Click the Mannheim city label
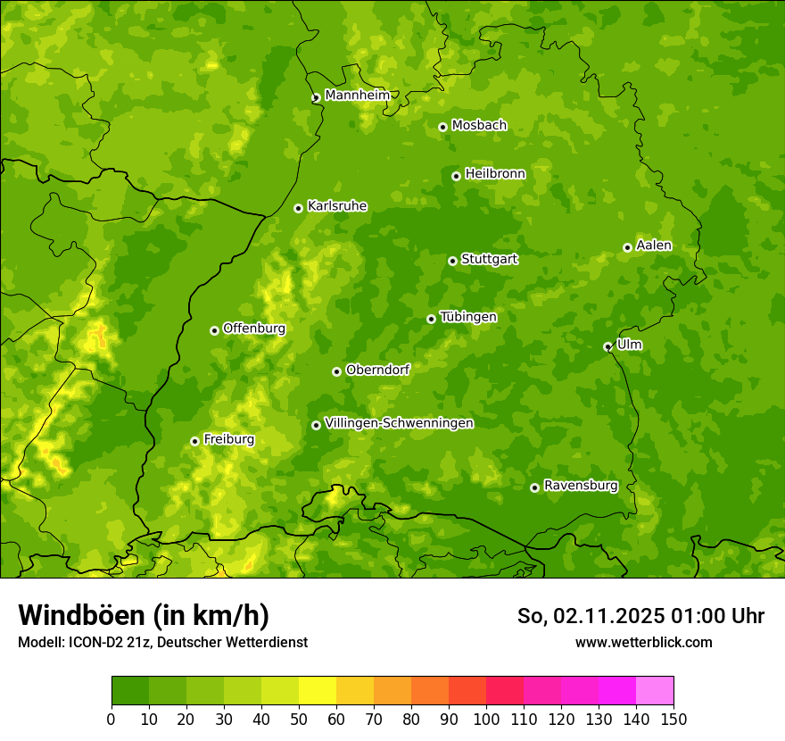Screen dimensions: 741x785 pyautogui.click(x=357, y=96)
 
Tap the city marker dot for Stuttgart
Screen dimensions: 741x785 pyautogui.click(x=452, y=261)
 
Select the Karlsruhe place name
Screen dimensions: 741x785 pyautogui.click(x=337, y=206)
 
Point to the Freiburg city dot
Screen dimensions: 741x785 pyautogui.click(x=194, y=441)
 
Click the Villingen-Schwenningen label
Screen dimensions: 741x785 pyautogui.click(x=399, y=423)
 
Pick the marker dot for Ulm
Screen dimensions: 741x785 pyautogui.click(x=607, y=346)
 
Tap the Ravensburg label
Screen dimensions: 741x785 pyautogui.click(x=581, y=486)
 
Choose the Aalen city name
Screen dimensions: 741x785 pyautogui.click(x=654, y=246)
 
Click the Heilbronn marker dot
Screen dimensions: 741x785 pyautogui.click(x=456, y=176)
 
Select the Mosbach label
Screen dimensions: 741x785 pyautogui.click(x=479, y=126)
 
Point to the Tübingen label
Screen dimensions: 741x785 pyautogui.click(x=468, y=317)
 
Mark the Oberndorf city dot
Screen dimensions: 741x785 pyautogui.click(x=336, y=371)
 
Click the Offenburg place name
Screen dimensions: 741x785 pyautogui.click(x=254, y=329)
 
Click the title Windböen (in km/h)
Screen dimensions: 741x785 pyautogui.click(x=144, y=615)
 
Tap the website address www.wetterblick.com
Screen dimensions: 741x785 pyautogui.click(x=643, y=642)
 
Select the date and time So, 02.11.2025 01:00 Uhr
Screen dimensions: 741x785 pyautogui.click(x=640, y=616)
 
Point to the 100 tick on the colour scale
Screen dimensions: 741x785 pyautogui.click(x=486, y=719)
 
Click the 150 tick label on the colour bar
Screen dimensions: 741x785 pyautogui.click(x=673, y=719)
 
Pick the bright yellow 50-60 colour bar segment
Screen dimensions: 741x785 pyautogui.click(x=318, y=691)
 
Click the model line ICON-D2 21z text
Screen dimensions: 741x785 pyautogui.click(x=162, y=642)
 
